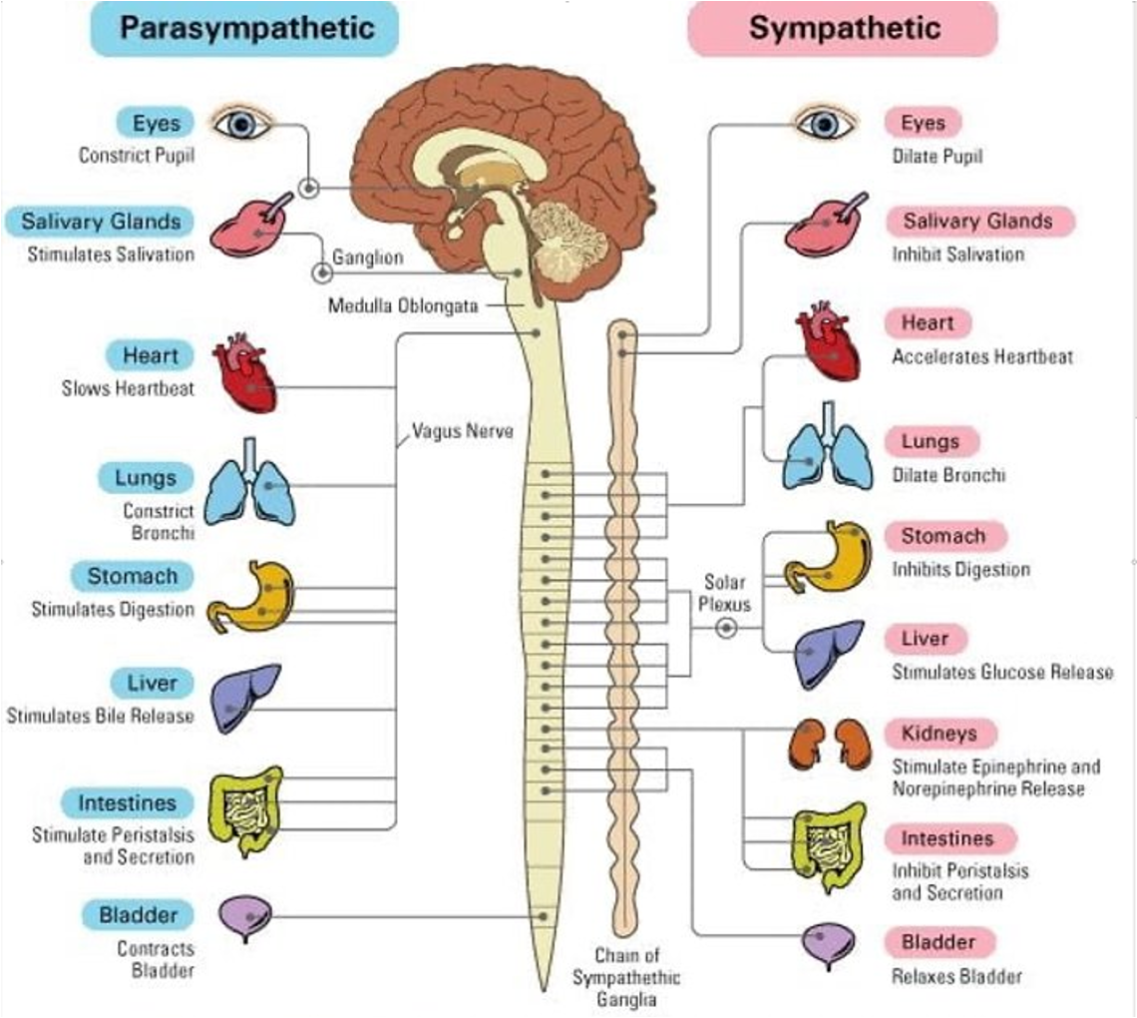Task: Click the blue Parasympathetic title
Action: (x=246, y=27)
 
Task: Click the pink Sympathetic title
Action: (x=844, y=27)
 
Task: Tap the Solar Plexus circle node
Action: (x=727, y=627)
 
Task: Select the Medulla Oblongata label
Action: (x=403, y=305)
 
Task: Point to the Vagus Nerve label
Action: (x=463, y=432)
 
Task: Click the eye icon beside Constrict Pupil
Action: (x=240, y=124)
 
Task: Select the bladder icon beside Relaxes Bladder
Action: (x=827, y=942)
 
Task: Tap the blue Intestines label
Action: (x=127, y=802)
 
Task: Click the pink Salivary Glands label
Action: (x=977, y=221)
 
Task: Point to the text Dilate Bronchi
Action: (x=948, y=475)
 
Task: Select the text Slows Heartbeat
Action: (x=128, y=388)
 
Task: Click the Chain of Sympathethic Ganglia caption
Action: (x=626, y=977)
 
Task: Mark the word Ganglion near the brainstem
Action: (x=367, y=257)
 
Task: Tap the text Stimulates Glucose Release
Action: (x=1002, y=672)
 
